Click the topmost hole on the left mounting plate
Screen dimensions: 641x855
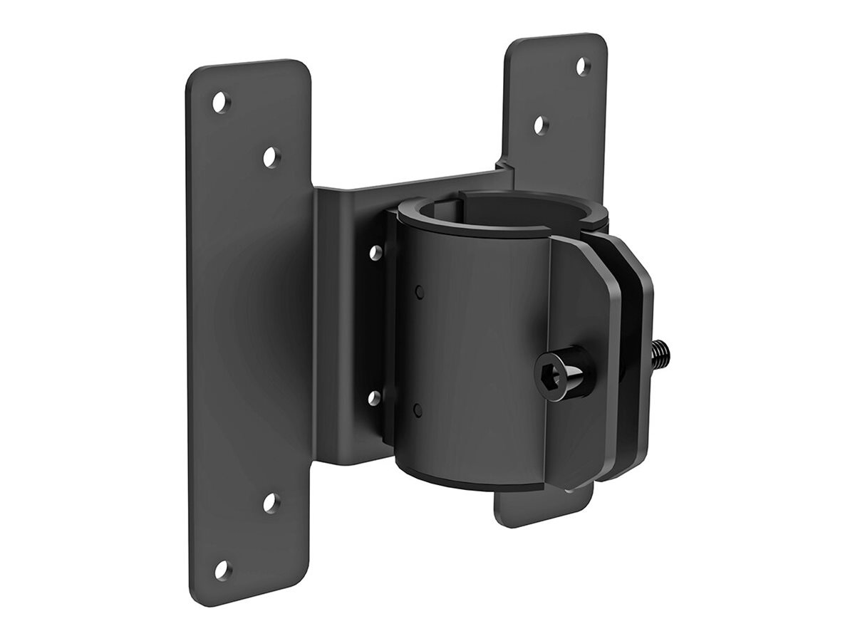coord(221,102)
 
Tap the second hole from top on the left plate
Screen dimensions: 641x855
coord(270,157)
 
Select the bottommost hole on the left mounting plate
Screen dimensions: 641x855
coord(222,568)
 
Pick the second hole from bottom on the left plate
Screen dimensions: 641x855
coord(270,502)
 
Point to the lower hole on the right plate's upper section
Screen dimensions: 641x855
coord(541,125)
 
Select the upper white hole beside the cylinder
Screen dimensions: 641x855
coord(373,251)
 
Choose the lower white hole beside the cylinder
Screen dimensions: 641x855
coord(373,397)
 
